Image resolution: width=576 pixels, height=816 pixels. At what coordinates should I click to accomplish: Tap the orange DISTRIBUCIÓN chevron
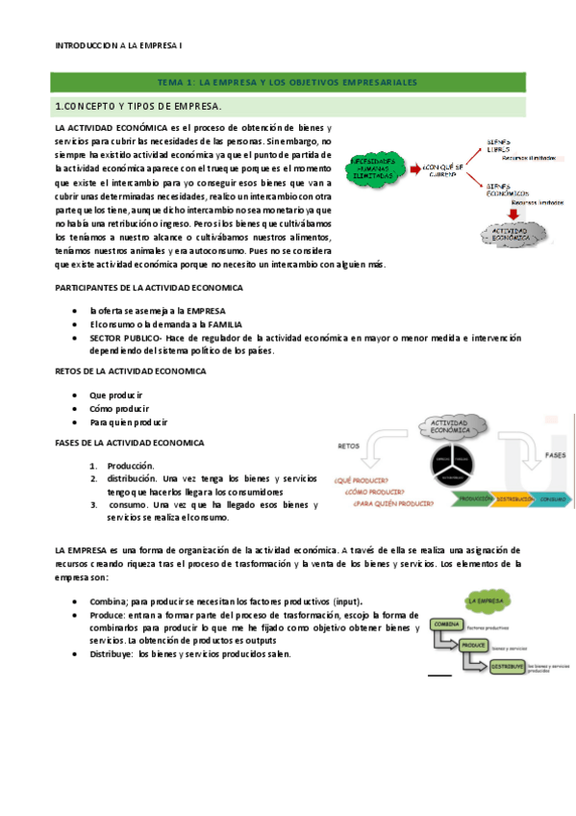point(516,500)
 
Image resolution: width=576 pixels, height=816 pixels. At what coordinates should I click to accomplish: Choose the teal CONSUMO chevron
point(552,500)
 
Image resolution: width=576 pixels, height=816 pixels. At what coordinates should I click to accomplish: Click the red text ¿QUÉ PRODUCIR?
point(361,479)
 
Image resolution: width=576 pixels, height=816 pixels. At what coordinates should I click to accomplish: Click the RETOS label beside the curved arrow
point(348,446)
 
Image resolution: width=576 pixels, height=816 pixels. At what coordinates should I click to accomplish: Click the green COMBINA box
point(449,625)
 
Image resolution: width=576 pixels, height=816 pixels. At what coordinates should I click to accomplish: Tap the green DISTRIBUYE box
point(506,666)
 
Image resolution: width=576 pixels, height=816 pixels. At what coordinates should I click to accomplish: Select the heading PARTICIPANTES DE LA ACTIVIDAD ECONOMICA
point(149,288)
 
